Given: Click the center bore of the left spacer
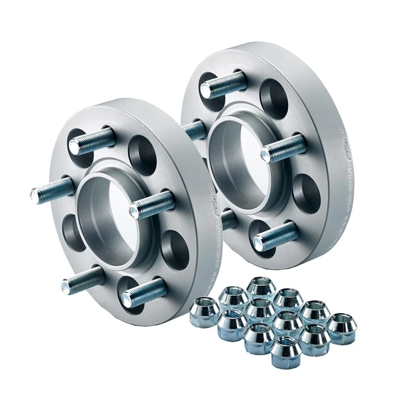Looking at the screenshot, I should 107,214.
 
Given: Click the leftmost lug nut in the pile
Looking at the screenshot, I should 204,312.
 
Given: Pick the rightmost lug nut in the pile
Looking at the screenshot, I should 342,328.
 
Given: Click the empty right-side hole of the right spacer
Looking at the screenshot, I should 306,192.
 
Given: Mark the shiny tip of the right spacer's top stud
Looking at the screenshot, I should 205,90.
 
